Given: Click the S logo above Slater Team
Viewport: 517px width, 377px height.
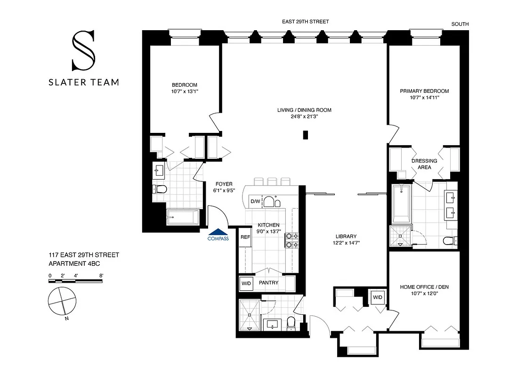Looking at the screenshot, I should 83,50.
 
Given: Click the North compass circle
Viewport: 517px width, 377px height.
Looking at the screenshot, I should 62,301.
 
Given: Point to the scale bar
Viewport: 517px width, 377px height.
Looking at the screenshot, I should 75,281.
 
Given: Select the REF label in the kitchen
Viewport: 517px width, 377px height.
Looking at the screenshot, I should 245,238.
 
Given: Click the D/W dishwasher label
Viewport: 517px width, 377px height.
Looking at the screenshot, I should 255,201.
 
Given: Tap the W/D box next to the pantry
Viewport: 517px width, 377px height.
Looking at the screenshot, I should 246,283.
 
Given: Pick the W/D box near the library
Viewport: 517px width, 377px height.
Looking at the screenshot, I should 378,297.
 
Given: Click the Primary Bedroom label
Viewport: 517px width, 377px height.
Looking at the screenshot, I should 424,91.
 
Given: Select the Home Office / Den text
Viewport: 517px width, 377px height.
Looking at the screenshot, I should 422,287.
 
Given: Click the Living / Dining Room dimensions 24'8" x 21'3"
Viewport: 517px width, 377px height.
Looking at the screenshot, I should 304,117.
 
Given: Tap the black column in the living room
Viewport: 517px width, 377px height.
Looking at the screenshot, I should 306,135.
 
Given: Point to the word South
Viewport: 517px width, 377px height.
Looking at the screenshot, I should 460,24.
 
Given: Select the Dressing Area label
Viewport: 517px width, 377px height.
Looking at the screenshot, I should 424,164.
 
